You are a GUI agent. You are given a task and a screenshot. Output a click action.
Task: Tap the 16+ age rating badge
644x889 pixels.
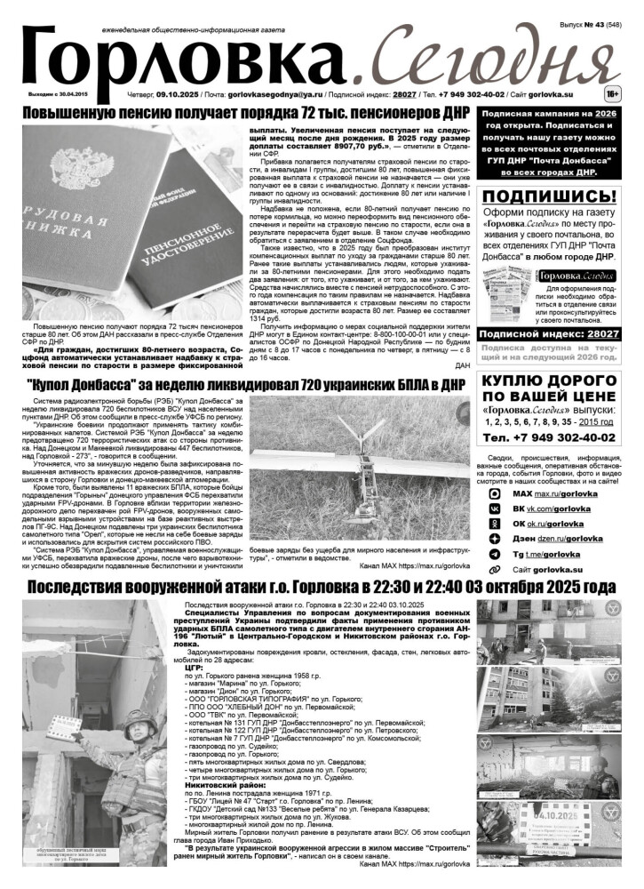611,92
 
